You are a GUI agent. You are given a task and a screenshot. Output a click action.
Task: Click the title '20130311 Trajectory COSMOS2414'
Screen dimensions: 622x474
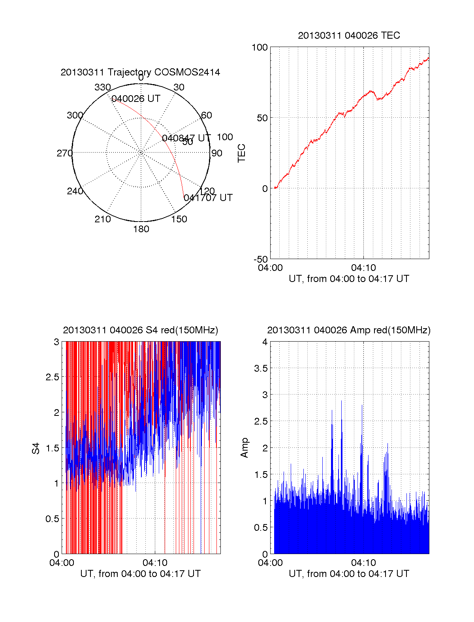click(140, 72)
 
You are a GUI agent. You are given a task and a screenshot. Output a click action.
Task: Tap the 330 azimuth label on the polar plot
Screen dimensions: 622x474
click(103, 87)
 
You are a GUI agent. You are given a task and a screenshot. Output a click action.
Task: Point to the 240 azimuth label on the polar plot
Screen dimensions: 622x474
click(75, 191)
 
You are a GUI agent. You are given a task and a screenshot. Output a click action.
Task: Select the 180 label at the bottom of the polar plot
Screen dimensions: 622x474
click(141, 229)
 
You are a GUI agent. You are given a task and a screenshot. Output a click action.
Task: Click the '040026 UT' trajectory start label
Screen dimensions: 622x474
click(136, 99)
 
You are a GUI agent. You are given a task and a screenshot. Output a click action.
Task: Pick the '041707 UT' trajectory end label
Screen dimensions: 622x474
click(208, 198)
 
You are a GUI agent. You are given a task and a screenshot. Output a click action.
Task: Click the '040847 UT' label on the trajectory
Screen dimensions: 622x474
click(186, 138)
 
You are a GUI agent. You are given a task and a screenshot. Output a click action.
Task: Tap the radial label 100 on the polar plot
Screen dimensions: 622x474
click(225, 137)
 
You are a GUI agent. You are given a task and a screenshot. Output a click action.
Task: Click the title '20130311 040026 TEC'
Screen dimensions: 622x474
click(349, 36)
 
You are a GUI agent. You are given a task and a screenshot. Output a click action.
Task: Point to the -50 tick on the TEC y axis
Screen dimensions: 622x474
click(261, 259)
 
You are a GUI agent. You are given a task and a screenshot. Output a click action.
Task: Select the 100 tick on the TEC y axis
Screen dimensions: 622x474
click(260, 47)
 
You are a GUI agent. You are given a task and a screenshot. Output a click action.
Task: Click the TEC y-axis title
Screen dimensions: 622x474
click(242, 153)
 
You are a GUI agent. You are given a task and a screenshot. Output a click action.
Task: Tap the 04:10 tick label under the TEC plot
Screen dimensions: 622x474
click(363, 268)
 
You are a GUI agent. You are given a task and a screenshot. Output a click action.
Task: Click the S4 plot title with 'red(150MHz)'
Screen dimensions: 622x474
click(140, 330)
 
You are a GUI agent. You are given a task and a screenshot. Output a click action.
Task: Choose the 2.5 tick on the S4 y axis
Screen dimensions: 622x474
click(52, 377)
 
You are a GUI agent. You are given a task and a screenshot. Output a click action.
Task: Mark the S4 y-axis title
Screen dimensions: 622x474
click(36, 448)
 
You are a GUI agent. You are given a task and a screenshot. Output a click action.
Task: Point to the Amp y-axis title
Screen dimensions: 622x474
click(245, 447)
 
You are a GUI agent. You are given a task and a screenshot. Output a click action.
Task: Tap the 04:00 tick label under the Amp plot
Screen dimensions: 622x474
click(270, 563)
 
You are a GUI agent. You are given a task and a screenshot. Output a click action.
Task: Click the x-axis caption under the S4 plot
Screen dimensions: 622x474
click(140, 574)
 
